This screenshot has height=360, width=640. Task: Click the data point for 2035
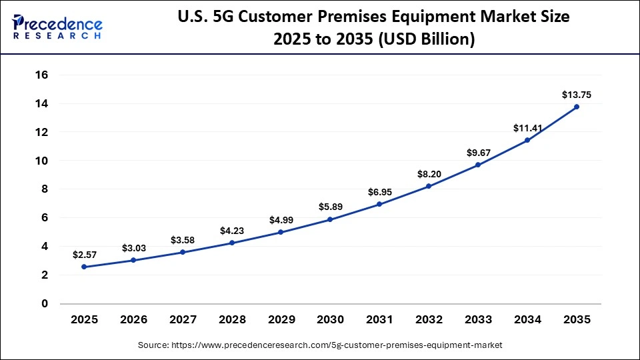pyautogui.click(x=577, y=107)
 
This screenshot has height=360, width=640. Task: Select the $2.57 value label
pyautogui.click(x=84, y=254)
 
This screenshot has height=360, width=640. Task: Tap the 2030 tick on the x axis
pyautogui.click(x=330, y=320)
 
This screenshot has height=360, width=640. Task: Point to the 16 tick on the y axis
pyautogui.click(x=42, y=75)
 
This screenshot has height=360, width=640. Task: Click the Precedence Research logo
pyautogui.click(x=57, y=27)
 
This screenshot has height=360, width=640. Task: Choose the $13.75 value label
pyautogui.click(x=577, y=95)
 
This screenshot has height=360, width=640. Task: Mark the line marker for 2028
pyautogui.click(x=231, y=243)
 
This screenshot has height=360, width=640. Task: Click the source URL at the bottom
pyautogui.click(x=320, y=345)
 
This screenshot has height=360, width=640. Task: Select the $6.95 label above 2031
pyautogui.click(x=379, y=192)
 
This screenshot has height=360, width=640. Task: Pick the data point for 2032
pyautogui.click(x=429, y=186)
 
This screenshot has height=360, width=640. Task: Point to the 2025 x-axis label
pyautogui.click(x=84, y=320)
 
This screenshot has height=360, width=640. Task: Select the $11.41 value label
pyautogui.click(x=527, y=128)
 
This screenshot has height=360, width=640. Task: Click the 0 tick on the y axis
pyautogui.click(x=45, y=304)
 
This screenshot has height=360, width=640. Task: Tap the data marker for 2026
pyautogui.click(x=133, y=260)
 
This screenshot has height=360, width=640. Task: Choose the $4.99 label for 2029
pyautogui.click(x=281, y=220)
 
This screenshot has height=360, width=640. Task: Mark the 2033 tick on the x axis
pyautogui.click(x=478, y=320)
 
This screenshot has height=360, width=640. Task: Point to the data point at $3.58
pyautogui.click(x=182, y=252)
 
